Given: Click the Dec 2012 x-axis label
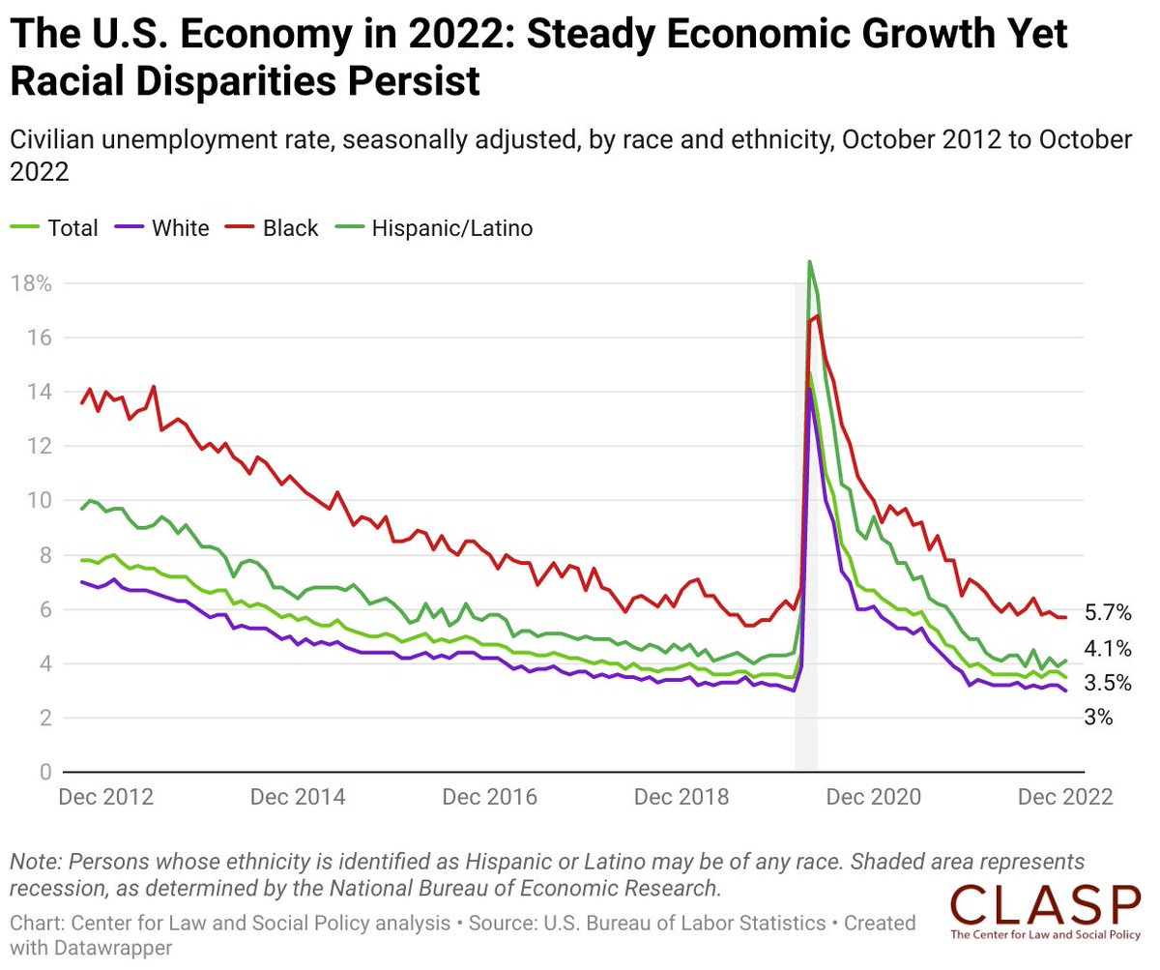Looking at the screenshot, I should tap(105, 798).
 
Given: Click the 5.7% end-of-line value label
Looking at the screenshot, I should tap(1107, 613).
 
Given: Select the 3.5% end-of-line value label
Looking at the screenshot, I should tap(1107, 683).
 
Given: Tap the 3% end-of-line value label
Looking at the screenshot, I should tap(1098, 718).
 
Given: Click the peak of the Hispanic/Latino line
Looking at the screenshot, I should tap(809, 261).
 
